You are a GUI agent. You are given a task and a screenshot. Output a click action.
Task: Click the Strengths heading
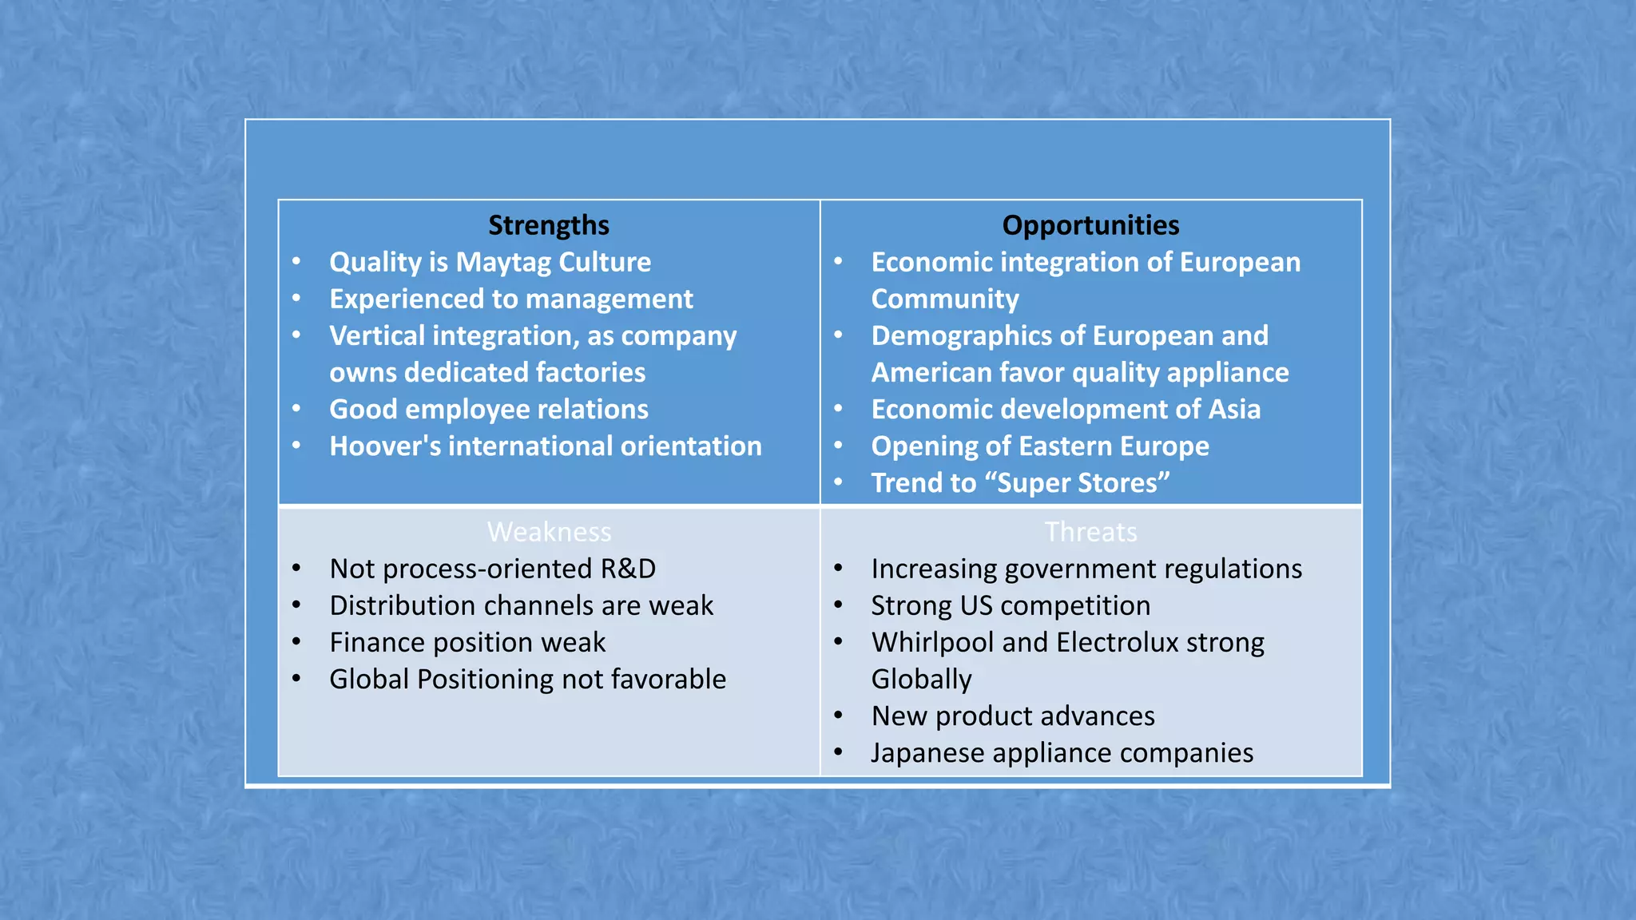(548, 225)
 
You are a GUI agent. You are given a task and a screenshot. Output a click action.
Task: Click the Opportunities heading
(1090, 225)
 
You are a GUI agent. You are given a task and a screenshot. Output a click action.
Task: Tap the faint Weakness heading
(549, 532)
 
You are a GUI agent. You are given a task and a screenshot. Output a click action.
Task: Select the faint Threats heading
(1090, 532)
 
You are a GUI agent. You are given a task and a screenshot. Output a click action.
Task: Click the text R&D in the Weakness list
(628, 569)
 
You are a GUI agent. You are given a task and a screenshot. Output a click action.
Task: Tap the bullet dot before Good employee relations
(296, 409)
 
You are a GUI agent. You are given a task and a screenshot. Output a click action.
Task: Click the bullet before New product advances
(838, 716)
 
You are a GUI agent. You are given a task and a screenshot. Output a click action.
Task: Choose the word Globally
(921, 680)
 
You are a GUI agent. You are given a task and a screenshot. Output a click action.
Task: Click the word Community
(945, 299)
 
